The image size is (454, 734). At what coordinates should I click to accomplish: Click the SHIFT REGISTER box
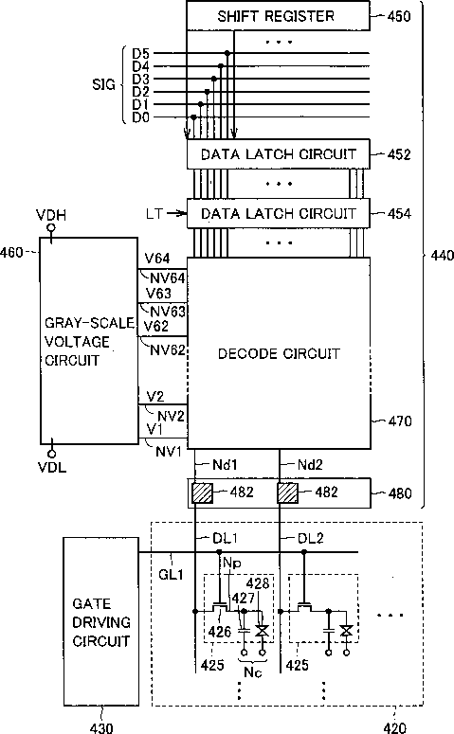pos(279,16)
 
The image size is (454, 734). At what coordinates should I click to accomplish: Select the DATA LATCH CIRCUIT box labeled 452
pos(279,154)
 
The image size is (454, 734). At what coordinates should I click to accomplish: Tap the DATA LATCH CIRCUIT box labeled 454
pos(279,213)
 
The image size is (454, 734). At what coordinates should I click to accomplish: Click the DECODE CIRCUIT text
pos(279,353)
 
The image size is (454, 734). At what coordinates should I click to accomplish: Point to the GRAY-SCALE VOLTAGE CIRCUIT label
pos(89,342)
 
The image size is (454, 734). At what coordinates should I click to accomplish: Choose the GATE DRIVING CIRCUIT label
pos(101,622)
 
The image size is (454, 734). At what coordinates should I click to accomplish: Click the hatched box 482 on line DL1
pos(203,492)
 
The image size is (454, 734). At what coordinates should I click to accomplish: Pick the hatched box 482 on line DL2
pos(288,492)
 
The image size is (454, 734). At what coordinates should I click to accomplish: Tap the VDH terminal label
pos(51,215)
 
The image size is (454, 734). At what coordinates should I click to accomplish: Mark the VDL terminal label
pos(52,467)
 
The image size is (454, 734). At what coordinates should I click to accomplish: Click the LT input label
pos(154,214)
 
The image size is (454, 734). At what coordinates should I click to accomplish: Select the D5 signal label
pos(140,54)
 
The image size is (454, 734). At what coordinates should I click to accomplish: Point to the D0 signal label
pos(140,117)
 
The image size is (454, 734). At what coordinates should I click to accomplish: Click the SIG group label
pos(103,84)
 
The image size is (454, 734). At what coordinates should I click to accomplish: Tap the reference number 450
pos(399,16)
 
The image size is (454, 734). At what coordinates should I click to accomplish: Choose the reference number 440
pos(442,255)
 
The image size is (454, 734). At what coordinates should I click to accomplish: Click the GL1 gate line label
pos(171,574)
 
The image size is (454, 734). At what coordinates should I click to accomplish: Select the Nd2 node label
pos(310,465)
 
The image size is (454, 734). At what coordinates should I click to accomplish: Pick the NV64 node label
pos(168,278)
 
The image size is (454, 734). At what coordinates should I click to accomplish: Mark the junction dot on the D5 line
pos(227,53)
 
